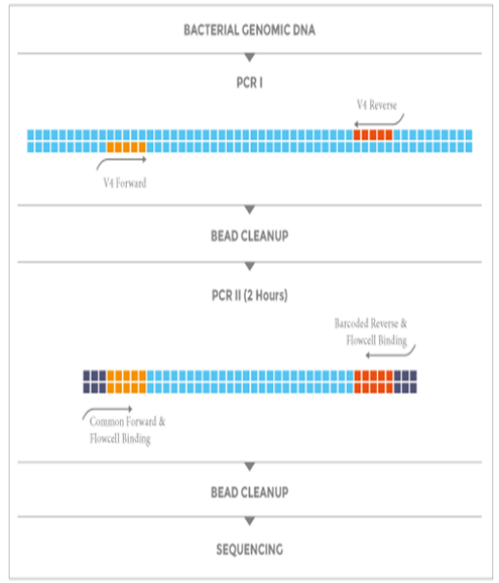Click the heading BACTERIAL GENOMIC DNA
pos(249,30)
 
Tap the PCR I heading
pos(249,82)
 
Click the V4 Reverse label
pos(377,105)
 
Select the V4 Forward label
pos(125,183)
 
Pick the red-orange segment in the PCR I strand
pos(373,135)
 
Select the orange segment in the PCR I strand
pos(127,147)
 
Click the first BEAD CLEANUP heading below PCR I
pos(249,235)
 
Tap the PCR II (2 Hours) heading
pos(249,295)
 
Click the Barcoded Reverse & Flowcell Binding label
pos(371,331)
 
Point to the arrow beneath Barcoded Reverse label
pos(390,354)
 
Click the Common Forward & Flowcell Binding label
pos(127,430)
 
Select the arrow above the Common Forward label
pos(108,410)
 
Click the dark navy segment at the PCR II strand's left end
pos(95,382)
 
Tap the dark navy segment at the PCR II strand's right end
pos(405,382)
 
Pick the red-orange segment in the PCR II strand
pos(374,382)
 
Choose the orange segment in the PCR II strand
pos(127,382)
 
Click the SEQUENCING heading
pos(250,549)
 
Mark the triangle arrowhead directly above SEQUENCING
pos(250,521)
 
